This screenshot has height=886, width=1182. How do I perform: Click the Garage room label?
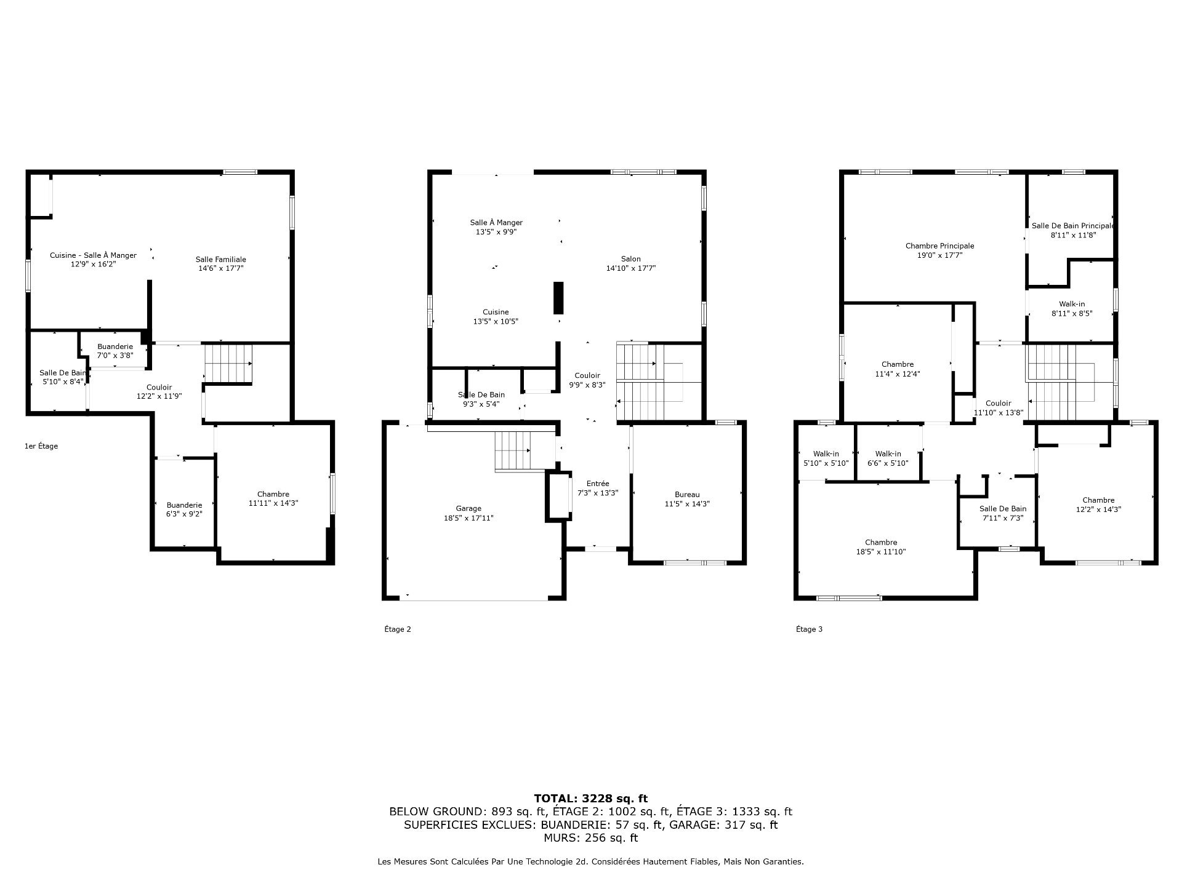(468, 508)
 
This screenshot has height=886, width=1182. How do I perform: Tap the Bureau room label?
(687, 494)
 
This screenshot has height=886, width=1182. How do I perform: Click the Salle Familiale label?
(220, 259)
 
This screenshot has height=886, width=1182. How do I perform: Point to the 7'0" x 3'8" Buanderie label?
(115, 346)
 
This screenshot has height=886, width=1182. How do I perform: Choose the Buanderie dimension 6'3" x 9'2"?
(184, 514)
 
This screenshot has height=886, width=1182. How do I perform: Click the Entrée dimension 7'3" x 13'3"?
(597, 493)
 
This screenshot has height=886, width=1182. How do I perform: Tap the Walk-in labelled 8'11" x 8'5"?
(1072, 313)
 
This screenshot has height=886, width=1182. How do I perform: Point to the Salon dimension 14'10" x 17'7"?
(630, 268)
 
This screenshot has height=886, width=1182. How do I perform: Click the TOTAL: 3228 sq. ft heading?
(590, 799)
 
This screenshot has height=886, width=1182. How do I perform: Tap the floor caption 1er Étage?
(41, 446)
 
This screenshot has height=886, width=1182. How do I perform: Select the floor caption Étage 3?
(809, 629)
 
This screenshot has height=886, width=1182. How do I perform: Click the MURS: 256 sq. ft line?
(590, 838)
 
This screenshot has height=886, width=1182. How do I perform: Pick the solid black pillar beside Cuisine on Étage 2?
(558, 298)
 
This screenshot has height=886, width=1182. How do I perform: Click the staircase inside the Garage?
(513, 451)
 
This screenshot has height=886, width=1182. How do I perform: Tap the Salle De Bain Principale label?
(1072, 226)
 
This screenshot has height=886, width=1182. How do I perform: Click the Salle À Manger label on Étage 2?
(496, 222)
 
